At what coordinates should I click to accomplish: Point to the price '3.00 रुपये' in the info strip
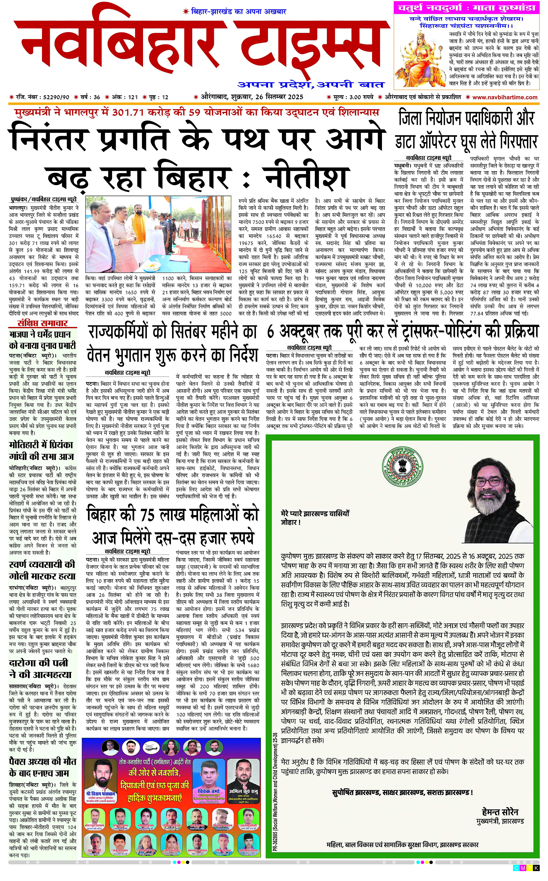(x=357, y=97)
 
